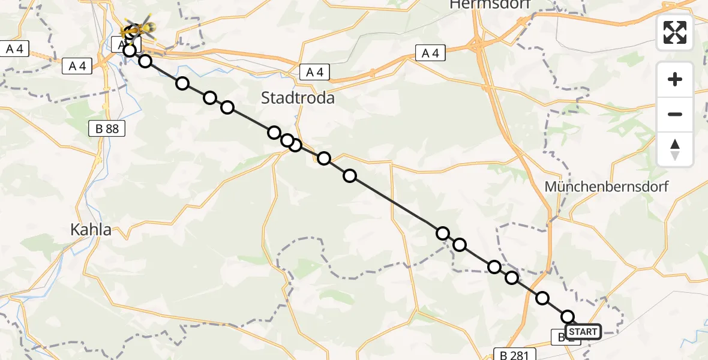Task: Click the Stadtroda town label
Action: pos(298,98)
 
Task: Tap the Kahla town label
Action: pos(91,229)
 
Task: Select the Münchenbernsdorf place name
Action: pos(606,187)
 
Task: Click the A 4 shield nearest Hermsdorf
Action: pos(430,53)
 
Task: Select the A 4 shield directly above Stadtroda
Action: pos(314,73)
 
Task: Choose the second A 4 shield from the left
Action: pos(77,66)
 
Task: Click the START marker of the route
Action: pos(583,332)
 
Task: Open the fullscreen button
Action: pos(675,32)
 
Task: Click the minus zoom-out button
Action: pos(675,114)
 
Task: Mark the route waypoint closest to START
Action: pos(568,317)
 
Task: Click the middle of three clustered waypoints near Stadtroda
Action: pos(287,140)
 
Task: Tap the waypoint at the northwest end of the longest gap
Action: pos(350,176)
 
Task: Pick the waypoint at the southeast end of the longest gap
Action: pos(443,233)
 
